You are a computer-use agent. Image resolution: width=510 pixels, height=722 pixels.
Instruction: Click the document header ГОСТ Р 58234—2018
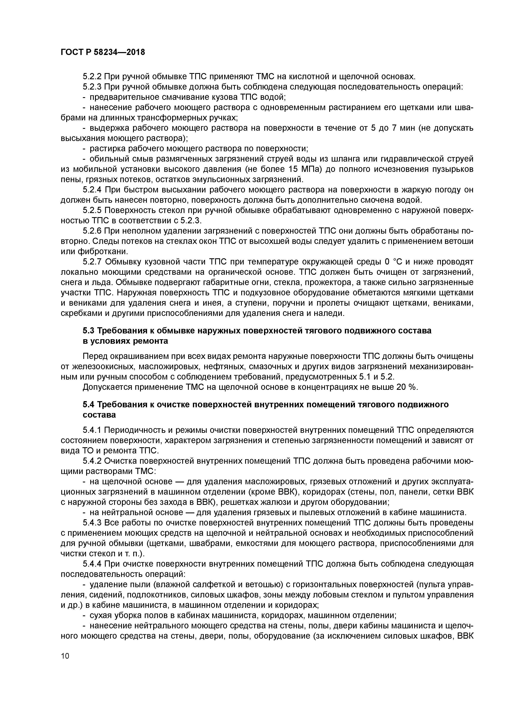103,52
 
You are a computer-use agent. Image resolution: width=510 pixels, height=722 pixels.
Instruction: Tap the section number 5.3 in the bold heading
89,331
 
